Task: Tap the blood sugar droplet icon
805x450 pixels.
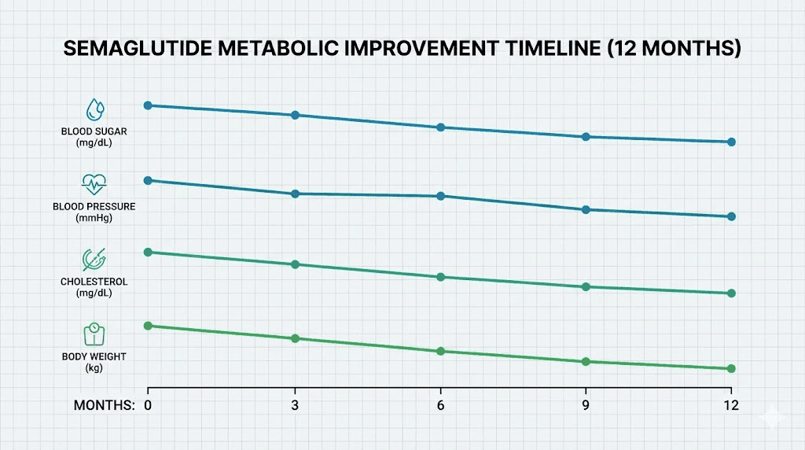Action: pos(94,109)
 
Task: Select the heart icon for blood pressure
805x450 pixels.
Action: pos(94,184)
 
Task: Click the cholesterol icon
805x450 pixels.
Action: pos(94,259)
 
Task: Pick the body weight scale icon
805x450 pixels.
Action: pos(94,334)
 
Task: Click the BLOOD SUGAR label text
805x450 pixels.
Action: pos(94,131)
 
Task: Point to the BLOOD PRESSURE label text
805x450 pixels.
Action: pos(94,207)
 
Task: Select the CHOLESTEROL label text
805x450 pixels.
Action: pos(94,282)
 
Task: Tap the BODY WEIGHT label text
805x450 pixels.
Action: pos(94,356)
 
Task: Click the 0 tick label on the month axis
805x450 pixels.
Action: pos(148,405)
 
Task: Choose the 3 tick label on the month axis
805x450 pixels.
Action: pos(295,405)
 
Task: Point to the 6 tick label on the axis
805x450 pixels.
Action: pos(440,405)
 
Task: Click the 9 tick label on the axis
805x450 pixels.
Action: pos(586,405)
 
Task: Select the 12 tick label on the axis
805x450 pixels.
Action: pos(731,405)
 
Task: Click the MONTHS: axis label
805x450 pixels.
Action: pos(104,405)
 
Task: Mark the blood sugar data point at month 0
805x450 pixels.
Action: pos(148,105)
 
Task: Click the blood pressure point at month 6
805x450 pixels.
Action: pos(440,196)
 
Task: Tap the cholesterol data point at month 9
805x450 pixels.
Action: pos(586,286)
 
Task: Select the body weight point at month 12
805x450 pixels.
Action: pos(731,368)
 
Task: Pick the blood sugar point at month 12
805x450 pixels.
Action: pos(731,142)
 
